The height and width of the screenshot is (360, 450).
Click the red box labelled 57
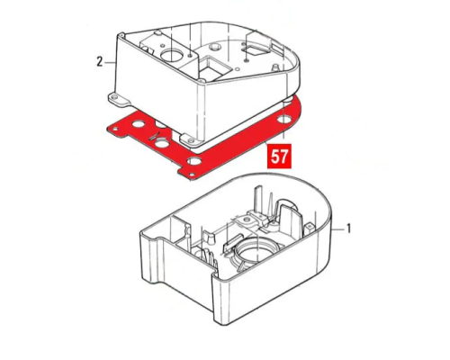pos(279,157)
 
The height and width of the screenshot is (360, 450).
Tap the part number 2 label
pos(100,62)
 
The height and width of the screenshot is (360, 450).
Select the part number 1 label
pos(348,229)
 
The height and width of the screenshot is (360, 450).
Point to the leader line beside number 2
pos(110,62)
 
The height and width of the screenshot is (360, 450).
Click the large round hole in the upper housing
pos(170,55)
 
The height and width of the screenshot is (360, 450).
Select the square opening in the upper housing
pos(215,68)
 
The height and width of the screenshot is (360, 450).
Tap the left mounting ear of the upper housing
pos(119,99)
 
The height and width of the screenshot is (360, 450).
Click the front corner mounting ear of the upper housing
pos(189,139)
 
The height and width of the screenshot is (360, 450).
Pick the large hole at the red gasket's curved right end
pos(283,120)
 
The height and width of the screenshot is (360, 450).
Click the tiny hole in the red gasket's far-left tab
pos(115,129)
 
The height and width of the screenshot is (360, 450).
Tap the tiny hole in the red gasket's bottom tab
pos(190,174)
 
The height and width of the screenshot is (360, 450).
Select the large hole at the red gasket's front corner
pos(194,161)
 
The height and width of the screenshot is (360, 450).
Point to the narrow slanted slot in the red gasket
pos(153,137)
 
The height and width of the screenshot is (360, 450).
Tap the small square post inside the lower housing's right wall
pos(309,228)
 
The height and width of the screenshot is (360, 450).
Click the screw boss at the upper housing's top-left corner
pos(121,35)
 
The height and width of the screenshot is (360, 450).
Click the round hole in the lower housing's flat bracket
pos(247,220)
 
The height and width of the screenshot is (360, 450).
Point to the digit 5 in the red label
pos(274,157)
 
